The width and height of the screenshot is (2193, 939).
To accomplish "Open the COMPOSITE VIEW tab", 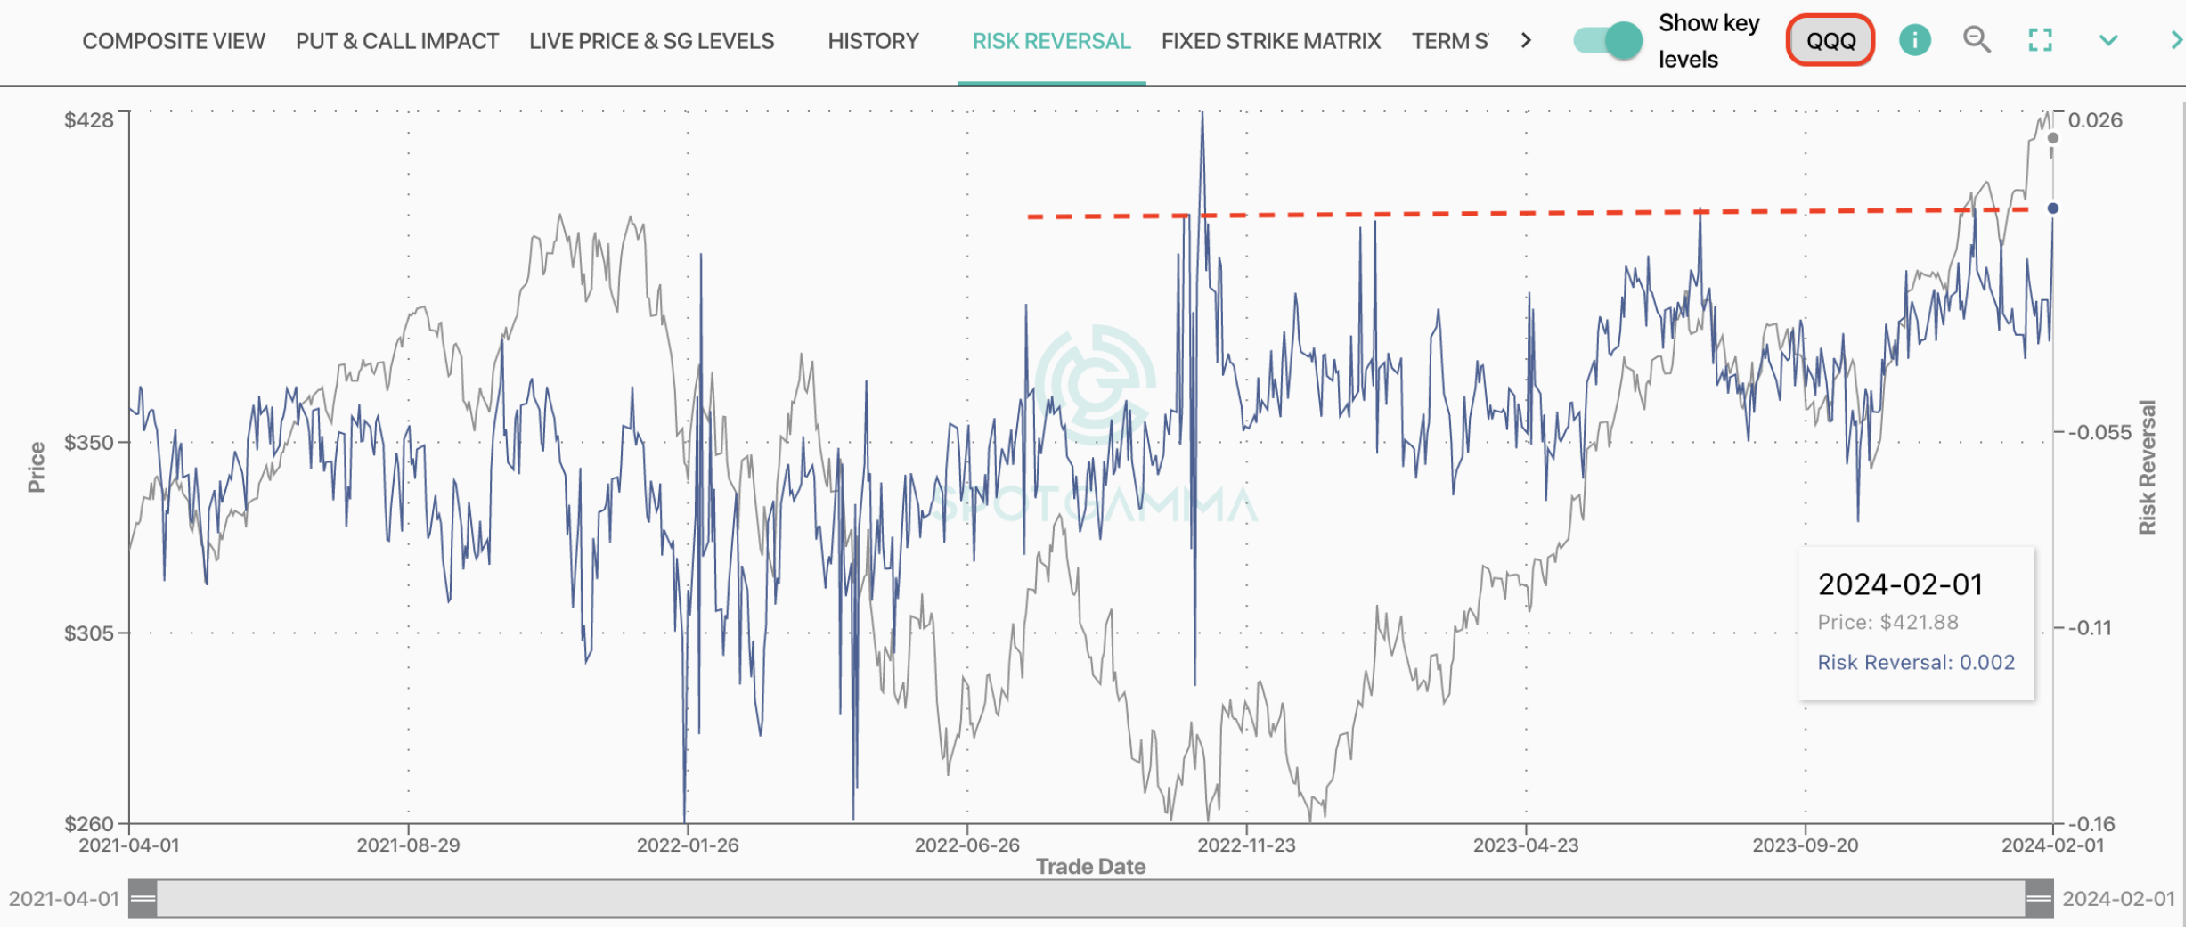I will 174,41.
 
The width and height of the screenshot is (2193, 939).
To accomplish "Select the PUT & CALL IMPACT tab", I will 398,41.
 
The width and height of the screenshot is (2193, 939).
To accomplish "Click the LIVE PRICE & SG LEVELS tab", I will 653,41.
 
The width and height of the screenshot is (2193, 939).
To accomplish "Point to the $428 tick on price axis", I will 89,120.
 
